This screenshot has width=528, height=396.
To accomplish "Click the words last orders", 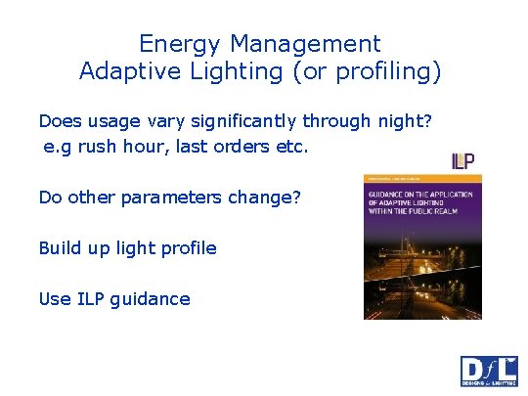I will pos(221,148).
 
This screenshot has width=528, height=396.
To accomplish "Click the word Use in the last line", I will pos(55,298).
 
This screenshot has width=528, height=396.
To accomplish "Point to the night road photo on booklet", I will pos(423,284).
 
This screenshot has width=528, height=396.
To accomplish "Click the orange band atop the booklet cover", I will pos(423,179).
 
